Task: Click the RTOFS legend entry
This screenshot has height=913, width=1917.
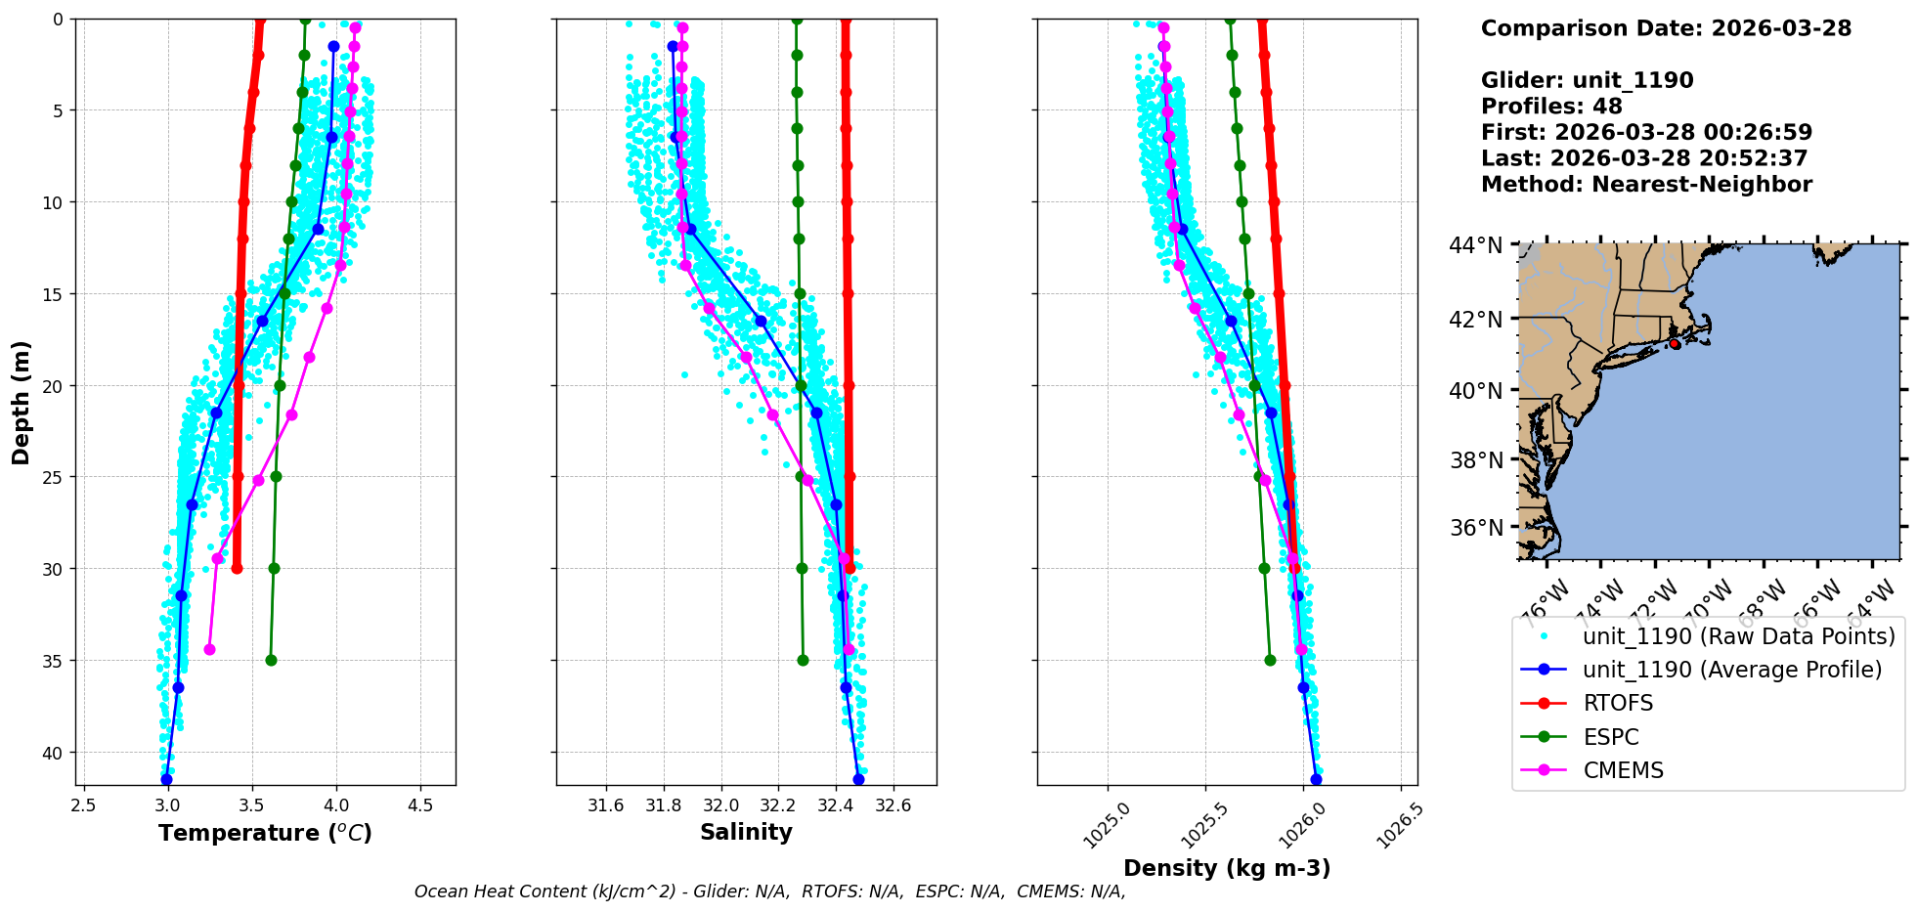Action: (1618, 704)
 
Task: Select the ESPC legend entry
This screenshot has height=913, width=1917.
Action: (1610, 737)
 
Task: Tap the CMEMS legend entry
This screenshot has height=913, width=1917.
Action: (1623, 770)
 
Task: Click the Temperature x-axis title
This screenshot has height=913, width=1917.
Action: (265, 833)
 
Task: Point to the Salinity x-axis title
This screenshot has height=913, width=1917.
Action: (746, 832)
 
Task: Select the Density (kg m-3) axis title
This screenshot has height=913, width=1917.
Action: (1227, 868)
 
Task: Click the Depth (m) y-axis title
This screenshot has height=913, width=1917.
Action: (22, 402)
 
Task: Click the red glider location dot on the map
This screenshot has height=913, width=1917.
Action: (1675, 344)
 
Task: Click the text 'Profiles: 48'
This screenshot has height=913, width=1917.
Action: (1551, 107)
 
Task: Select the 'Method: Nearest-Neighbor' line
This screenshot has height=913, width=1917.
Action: (1646, 185)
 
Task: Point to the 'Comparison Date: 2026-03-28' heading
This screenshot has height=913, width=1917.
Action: (1666, 28)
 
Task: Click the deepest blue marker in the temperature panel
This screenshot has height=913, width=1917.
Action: (166, 779)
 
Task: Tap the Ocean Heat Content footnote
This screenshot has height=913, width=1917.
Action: (769, 891)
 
